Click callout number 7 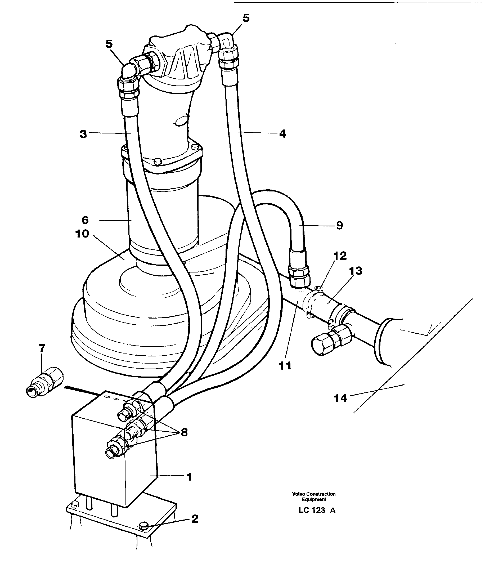[x=42, y=348]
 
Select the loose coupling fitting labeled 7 [x=45, y=382]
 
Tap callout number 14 [x=340, y=398]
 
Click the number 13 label [x=356, y=271]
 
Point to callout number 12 [x=340, y=256]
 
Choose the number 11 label [x=285, y=366]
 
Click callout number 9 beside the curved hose [x=339, y=225]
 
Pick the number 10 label [x=82, y=234]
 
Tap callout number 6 [x=85, y=220]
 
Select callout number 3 [x=83, y=134]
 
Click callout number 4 [x=283, y=134]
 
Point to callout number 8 [x=184, y=432]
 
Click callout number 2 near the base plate [x=195, y=519]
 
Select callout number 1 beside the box [x=189, y=477]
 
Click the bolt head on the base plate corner [x=143, y=526]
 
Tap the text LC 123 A [x=317, y=510]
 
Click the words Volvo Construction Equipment [x=313, y=496]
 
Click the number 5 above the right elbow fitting [x=246, y=18]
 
